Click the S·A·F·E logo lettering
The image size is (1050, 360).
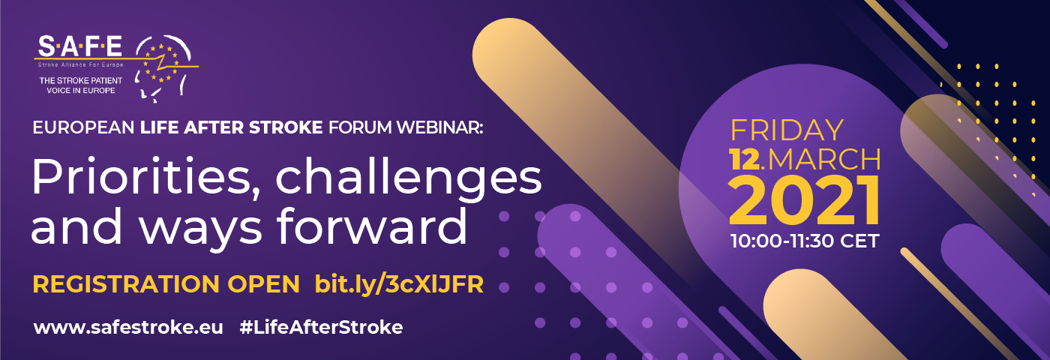coord(80,46)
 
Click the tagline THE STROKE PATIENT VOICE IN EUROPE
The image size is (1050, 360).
coord(81,85)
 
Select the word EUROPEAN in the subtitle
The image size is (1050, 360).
coord(83,128)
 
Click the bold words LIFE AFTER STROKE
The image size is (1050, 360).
coord(232,128)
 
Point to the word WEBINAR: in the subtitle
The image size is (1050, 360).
coord(439,128)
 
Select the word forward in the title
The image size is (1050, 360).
coord(372,226)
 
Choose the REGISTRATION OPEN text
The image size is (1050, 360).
coord(166,284)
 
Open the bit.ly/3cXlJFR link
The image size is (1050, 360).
coord(399,284)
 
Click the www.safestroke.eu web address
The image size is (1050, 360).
coord(128,327)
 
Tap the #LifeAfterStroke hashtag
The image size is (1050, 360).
coord(321,327)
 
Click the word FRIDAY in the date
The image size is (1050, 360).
coord(787,130)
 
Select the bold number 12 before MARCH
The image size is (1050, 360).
coord(744,159)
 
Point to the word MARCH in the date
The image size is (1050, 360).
coord(824,159)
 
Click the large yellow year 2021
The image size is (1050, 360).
coord(804,201)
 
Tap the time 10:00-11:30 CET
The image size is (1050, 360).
coord(804,241)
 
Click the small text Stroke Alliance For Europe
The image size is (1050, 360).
coord(81,64)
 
